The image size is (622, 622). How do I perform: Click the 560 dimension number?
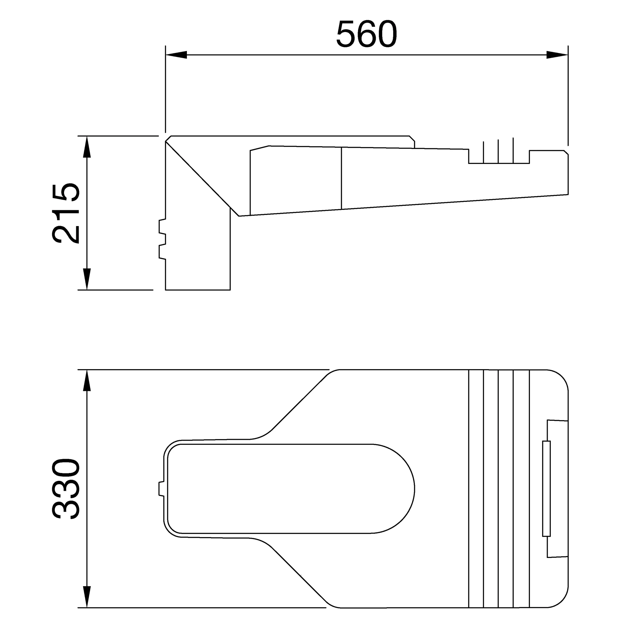[366, 35]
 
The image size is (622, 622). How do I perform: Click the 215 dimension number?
[65, 213]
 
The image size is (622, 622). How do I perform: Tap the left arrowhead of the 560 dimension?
[176, 55]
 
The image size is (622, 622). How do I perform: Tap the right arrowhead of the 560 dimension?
[557, 55]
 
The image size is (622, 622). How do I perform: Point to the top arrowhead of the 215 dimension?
[87, 147]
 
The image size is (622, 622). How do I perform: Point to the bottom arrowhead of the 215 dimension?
[87, 279]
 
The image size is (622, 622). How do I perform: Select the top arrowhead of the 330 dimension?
[87, 381]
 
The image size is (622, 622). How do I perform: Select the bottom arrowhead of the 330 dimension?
[87, 597]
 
